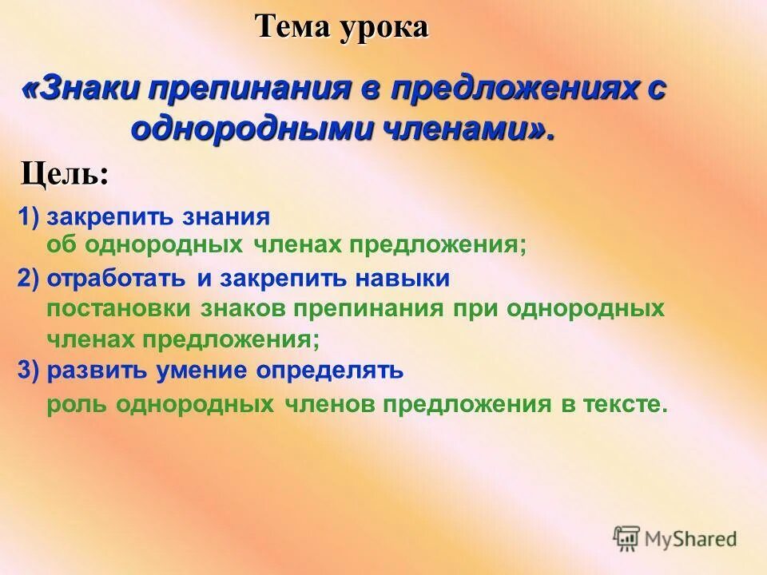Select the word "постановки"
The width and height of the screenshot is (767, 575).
click(108, 309)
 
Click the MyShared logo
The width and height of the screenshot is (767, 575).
click(675, 538)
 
